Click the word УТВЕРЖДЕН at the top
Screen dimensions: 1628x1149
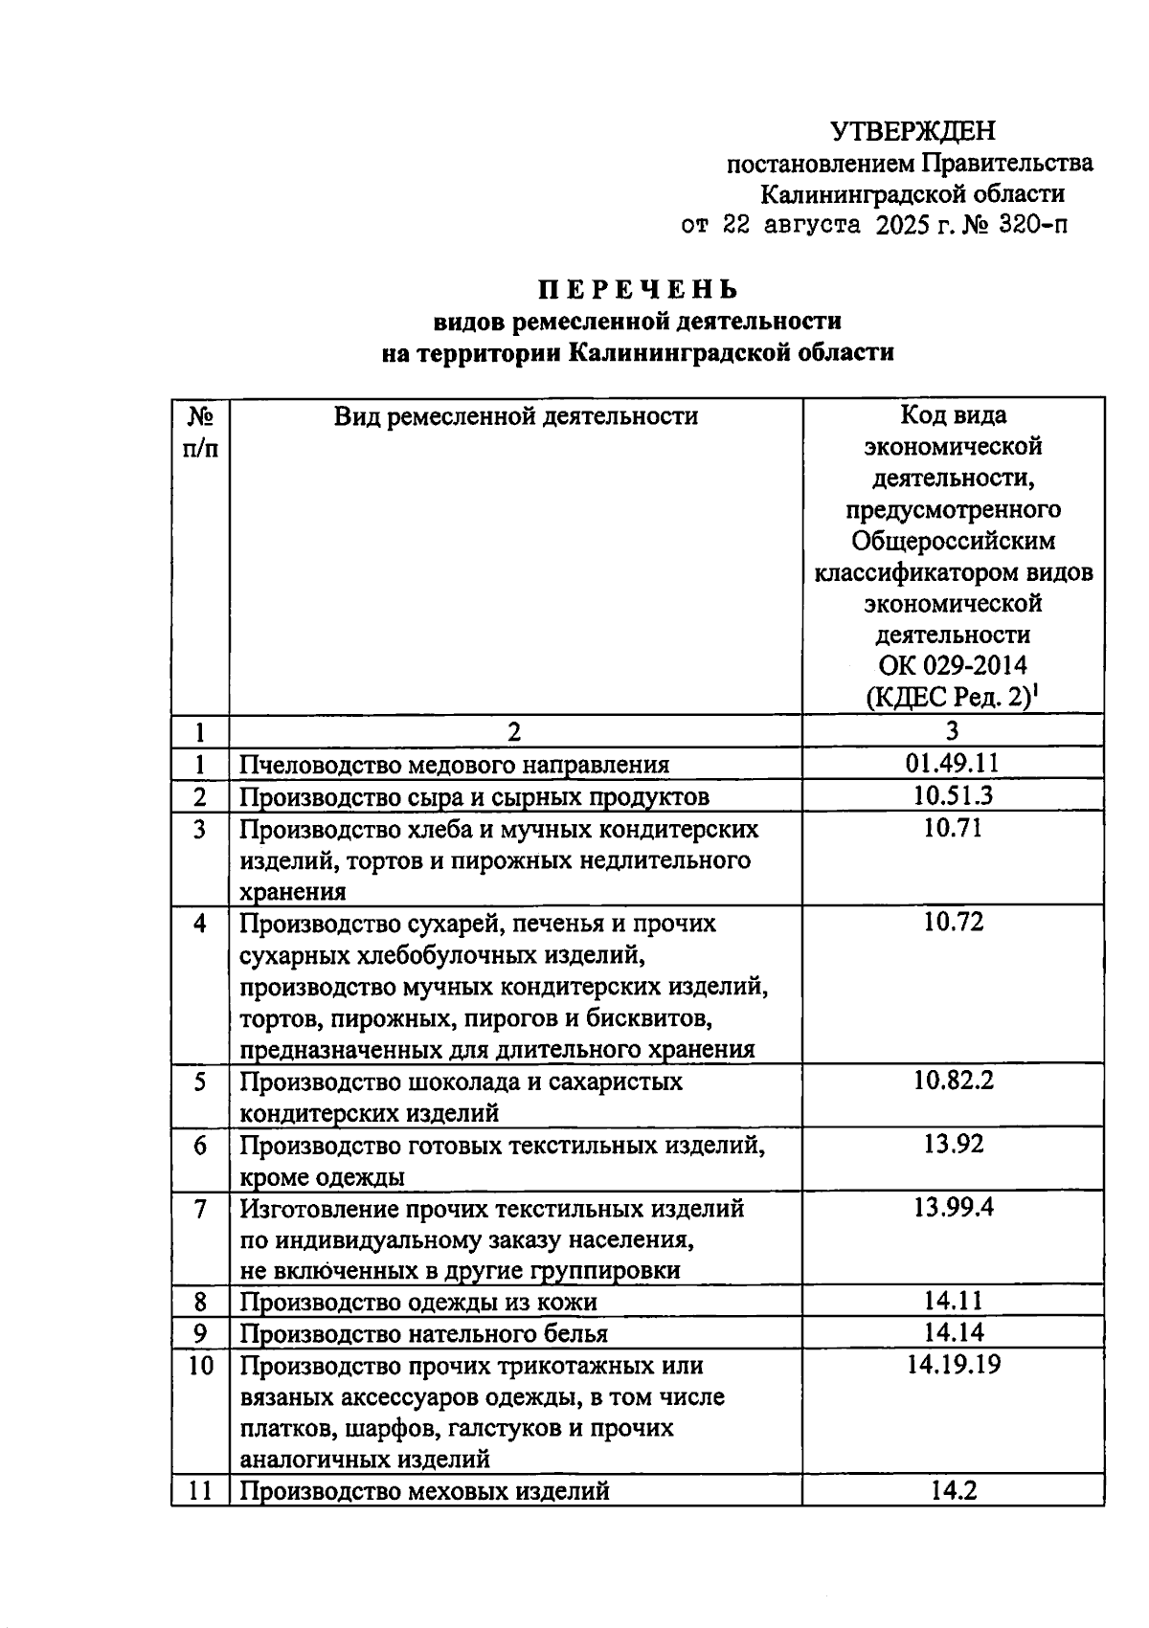pos(912,131)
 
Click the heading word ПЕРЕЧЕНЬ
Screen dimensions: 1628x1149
pos(637,289)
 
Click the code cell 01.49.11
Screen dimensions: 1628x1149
pos(952,763)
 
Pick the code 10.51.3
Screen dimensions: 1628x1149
pos(952,795)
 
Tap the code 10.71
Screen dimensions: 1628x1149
pos(952,828)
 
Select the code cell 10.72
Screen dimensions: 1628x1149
pos(952,922)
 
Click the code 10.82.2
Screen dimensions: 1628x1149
pos(952,1081)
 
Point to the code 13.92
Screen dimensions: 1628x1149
pos(952,1144)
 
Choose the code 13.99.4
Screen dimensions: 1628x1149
pos(952,1207)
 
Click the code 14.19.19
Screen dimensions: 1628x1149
pos(952,1364)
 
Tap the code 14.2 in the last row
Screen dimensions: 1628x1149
pos(952,1490)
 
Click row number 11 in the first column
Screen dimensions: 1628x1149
pos(199,1491)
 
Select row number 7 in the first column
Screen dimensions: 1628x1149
pos(199,1209)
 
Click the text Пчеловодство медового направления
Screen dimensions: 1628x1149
pos(454,765)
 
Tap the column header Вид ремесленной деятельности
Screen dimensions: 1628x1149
pos(515,416)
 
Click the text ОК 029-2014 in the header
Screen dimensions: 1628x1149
pos(952,665)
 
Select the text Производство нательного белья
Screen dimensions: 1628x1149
pos(422,1333)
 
